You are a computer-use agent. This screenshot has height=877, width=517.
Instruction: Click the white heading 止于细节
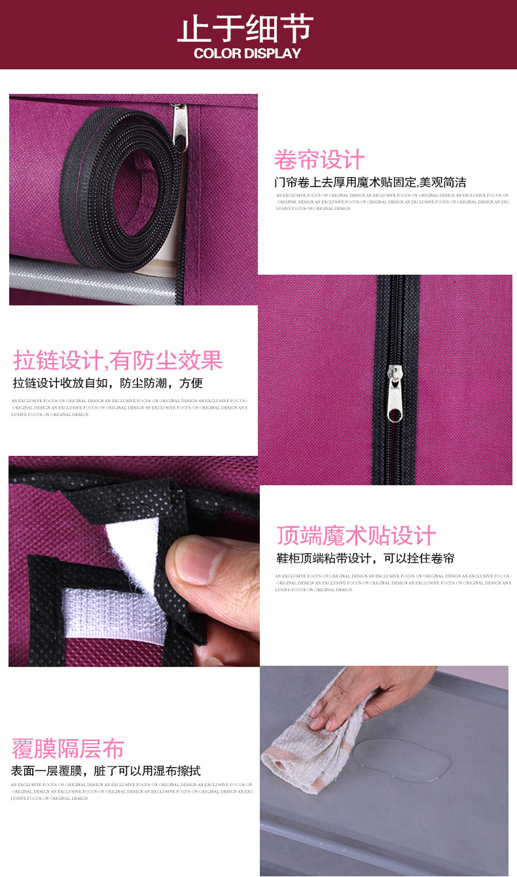(246, 29)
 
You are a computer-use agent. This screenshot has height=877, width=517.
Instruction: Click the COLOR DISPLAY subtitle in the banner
(247, 54)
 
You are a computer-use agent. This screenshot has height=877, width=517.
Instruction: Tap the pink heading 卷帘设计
(319, 160)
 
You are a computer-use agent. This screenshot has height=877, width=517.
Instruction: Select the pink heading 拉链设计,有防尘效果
(118, 360)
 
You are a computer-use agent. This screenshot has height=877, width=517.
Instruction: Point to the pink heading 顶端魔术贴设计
(356, 536)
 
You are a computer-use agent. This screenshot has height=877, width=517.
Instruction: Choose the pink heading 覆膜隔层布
(67, 748)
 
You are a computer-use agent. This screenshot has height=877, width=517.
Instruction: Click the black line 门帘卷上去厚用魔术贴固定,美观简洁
(370, 182)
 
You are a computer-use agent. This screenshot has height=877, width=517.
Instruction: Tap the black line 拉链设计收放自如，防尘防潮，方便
(108, 383)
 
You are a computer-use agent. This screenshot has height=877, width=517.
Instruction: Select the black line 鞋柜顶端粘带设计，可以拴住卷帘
(365, 559)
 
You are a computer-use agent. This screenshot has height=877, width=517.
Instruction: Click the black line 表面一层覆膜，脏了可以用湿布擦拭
(105, 770)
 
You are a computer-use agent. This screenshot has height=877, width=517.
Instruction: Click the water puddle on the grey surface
(402, 759)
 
